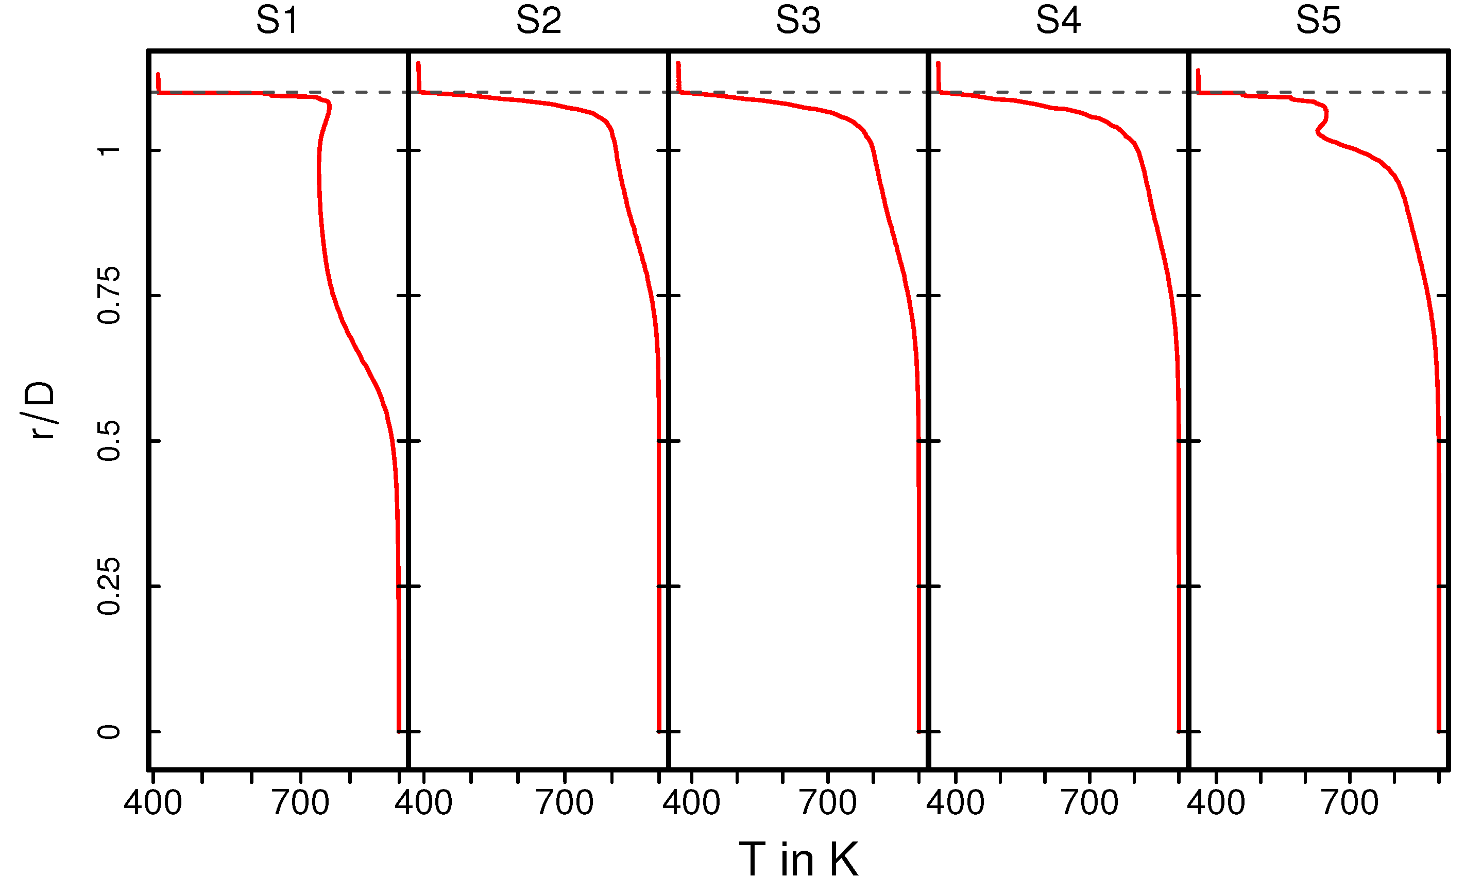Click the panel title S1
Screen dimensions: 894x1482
(277, 21)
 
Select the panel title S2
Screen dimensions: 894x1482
(538, 21)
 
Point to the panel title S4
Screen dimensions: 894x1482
(1058, 21)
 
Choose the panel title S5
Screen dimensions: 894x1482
(1318, 21)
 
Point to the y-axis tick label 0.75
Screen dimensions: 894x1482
(109, 295)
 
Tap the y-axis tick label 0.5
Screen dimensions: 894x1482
(109, 441)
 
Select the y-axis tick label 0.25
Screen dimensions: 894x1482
(109, 586)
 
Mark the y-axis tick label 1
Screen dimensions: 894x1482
(109, 150)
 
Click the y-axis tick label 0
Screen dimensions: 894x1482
(109, 732)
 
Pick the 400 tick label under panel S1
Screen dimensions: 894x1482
(153, 803)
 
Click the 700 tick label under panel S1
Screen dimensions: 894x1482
(300, 803)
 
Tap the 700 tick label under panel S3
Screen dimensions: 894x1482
(828, 803)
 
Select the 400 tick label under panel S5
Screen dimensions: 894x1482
(1216, 803)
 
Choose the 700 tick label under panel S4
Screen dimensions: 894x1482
(1089, 803)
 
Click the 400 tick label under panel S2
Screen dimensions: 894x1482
(423, 803)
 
